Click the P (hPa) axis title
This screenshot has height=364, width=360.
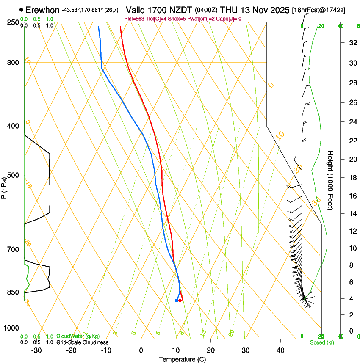coord(4,187)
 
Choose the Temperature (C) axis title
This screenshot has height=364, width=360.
coord(182,359)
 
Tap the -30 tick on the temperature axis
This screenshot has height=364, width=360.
coord(36,350)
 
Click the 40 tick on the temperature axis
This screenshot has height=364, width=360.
coord(280,350)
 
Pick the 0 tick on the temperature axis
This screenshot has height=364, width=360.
coord(141,350)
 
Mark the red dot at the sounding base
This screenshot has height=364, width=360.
coord(180,301)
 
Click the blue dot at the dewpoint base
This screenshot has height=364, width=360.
coord(177,301)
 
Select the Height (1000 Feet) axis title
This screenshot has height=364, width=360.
coord(331,180)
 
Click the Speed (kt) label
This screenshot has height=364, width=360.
coord(321,342)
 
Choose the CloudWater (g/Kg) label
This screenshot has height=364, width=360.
coord(78,336)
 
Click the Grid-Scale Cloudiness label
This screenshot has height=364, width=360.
coord(82,342)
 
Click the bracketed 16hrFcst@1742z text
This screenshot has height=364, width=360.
coord(318,10)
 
